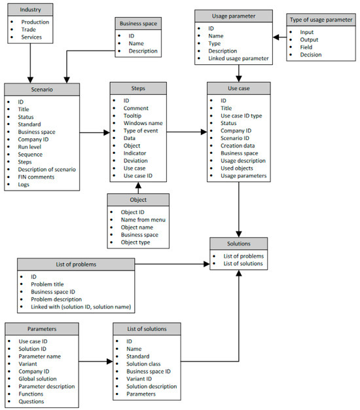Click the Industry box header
[x=30, y=10]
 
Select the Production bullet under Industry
[x=35, y=22]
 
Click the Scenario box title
[x=42, y=89]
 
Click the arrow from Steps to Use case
[x=186, y=132]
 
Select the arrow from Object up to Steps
[x=137, y=187]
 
